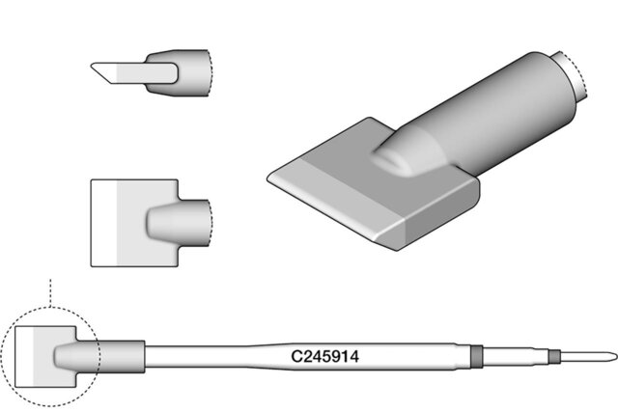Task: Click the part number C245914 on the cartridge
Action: [324, 356]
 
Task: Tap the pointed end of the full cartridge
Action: [617, 356]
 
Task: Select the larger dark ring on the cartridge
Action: [477, 356]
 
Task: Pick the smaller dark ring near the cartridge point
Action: [554, 356]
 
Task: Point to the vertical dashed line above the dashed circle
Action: [50, 293]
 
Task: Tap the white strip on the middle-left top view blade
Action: [104, 223]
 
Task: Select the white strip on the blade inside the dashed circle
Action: [24, 356]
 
